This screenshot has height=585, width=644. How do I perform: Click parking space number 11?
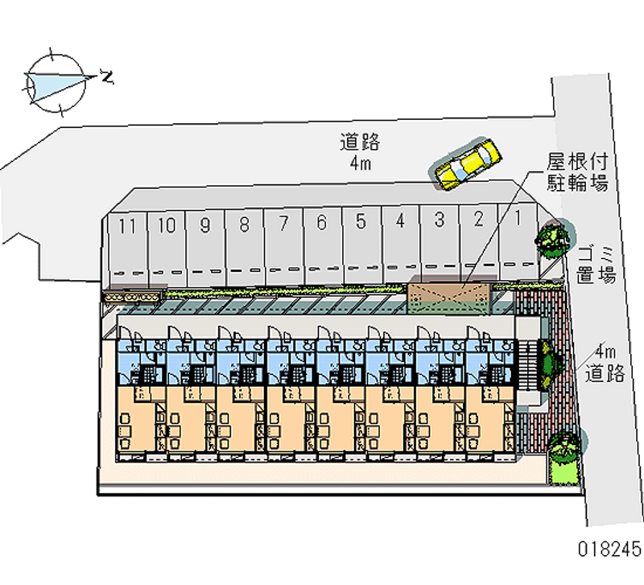pos(125,241)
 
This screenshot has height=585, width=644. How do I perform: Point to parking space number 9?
pos(204,241)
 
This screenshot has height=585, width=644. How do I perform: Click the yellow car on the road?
pos(468,163)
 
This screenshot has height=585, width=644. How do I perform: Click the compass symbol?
pos(55,81)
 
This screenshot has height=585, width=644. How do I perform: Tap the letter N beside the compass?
pos(106,77)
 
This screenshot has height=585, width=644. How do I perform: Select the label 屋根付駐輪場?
pos(577,171)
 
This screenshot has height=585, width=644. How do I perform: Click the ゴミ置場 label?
pos(597,265)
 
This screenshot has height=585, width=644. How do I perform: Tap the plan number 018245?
pos(609,550)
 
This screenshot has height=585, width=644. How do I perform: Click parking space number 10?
pos(166,241)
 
